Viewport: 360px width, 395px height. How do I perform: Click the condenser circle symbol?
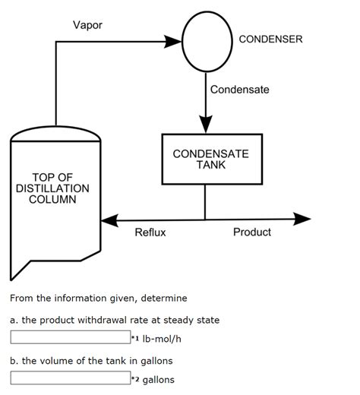point(207,39)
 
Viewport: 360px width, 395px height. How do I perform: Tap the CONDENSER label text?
point(270,39)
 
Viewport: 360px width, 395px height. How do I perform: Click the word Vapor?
point(87,25)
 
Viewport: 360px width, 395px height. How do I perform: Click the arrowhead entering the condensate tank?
point(205,125)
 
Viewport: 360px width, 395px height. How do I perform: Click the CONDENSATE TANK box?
point(210,160)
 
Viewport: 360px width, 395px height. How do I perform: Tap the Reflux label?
point(150,232)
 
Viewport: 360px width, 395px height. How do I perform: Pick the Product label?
point(251,232)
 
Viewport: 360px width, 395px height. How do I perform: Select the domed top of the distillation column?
point(55,135)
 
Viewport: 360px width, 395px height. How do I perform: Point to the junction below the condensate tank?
point(205,220)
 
